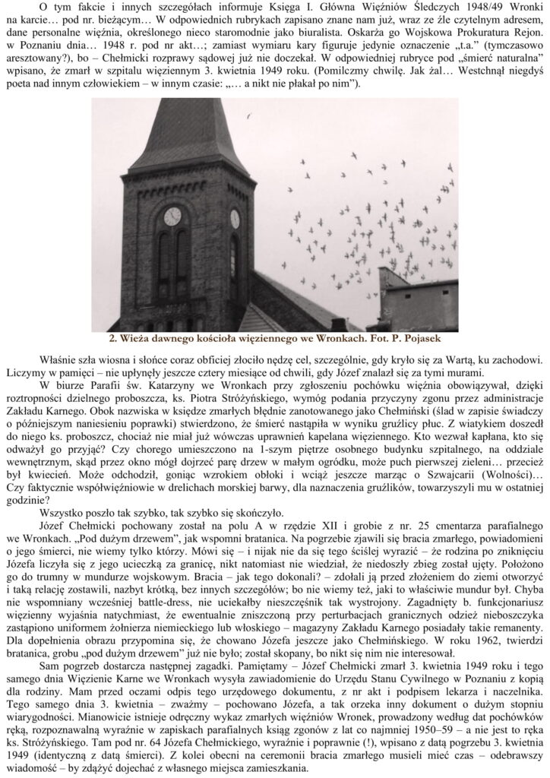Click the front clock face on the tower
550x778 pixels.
172,217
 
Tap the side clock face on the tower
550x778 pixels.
235,219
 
